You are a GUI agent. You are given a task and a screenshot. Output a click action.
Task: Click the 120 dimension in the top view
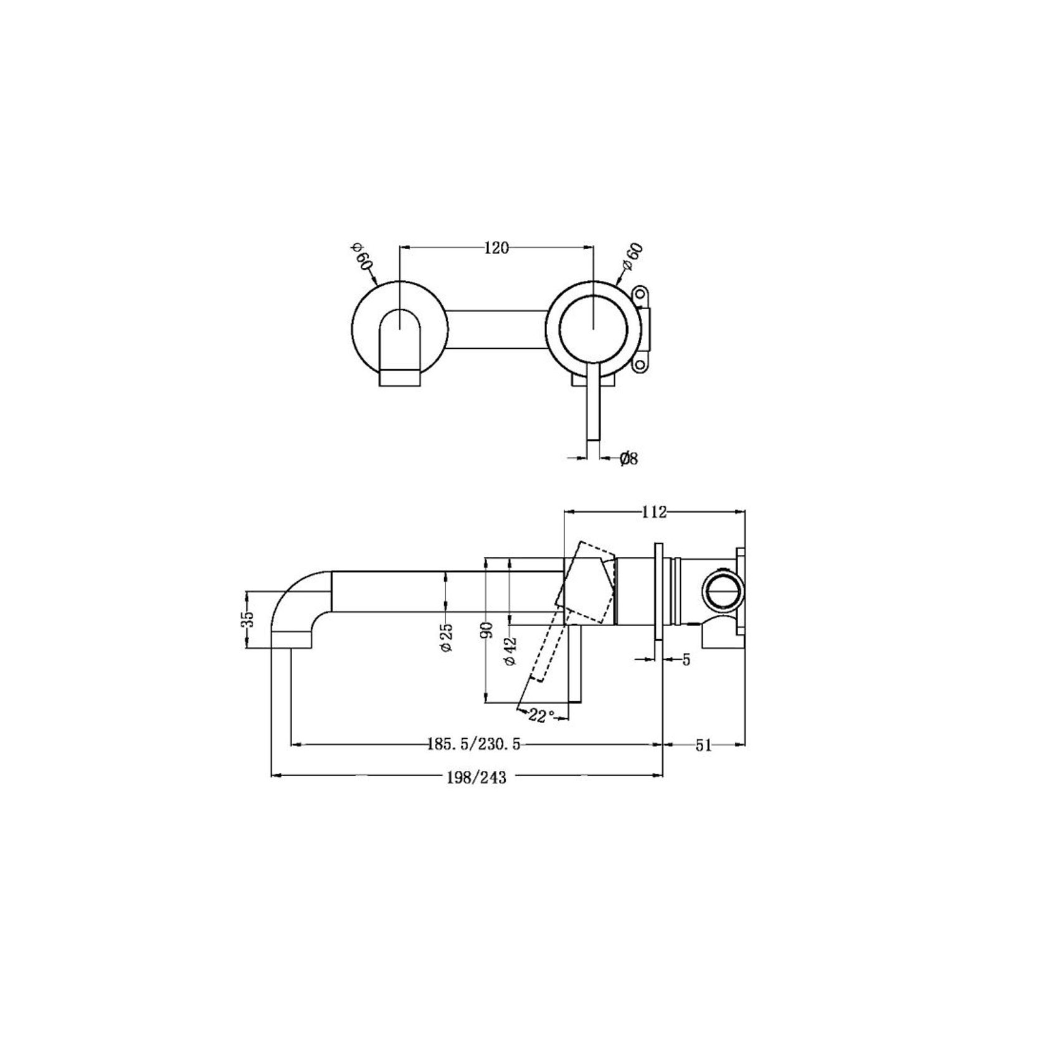point(496,248)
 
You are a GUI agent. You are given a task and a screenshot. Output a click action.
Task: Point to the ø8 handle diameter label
point(629,459)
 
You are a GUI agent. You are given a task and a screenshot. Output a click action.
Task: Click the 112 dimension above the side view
point(654,512)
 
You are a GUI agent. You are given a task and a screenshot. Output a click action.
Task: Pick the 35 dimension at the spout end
point(248,619)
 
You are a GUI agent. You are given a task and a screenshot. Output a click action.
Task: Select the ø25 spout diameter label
point(446,637)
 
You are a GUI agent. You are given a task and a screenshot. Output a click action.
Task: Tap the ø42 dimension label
point(510,651)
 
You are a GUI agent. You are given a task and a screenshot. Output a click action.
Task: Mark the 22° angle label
point(541,716)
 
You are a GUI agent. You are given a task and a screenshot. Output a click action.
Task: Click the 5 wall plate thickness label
point(686,660)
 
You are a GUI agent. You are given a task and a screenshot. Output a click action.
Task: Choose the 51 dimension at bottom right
point(703,746)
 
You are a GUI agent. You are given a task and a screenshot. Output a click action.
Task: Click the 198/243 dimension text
point(477,777)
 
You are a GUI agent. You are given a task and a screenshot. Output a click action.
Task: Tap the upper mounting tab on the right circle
point(641,293)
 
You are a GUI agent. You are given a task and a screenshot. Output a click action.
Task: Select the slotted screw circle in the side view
point(721,590)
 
